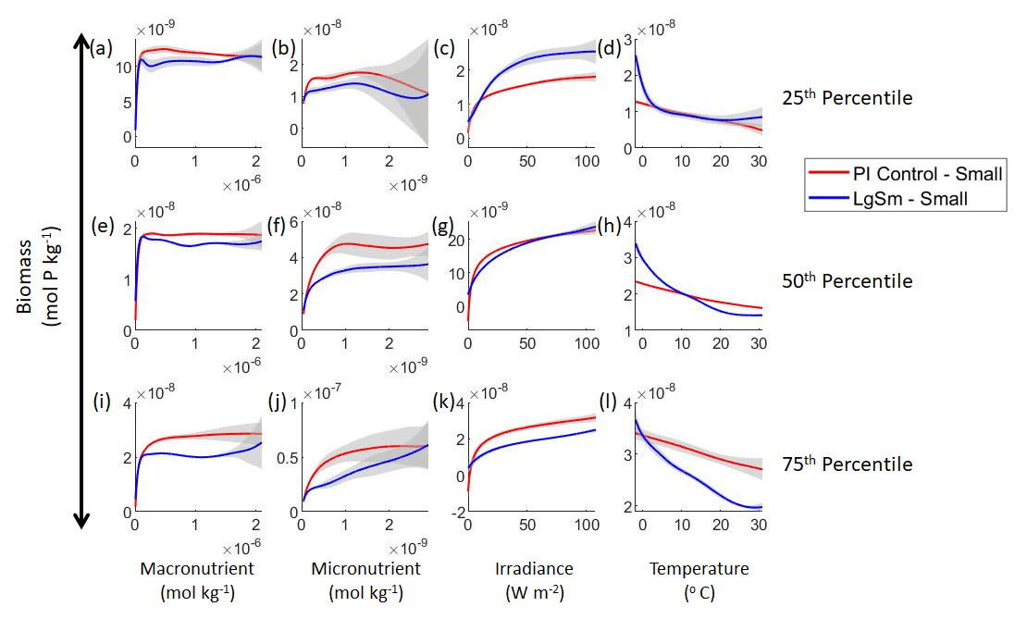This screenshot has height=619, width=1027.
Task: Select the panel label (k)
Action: tap(444, 404)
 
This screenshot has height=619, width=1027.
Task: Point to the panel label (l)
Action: tap(611, 403)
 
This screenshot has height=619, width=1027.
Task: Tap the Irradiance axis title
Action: tap(528, 569)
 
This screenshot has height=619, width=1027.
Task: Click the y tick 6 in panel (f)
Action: tap(291, 222)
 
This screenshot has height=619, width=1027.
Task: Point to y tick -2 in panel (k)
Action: tap(453, 511)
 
